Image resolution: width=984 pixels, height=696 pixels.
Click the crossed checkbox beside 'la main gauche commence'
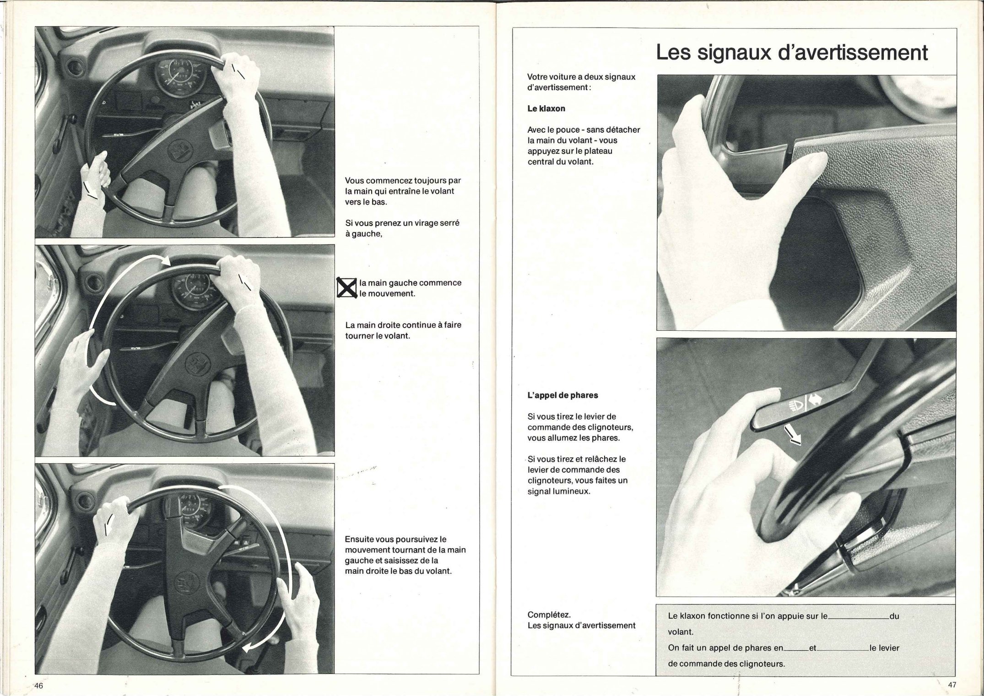pyautogui.click(x=347, y=288)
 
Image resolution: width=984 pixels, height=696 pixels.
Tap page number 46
pyautogui.click(x=38, y=685)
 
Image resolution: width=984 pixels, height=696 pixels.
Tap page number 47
pyautogui.click(x=952, y=685)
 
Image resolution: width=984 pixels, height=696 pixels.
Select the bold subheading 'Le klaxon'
pyautogui.click(x=546, y=108)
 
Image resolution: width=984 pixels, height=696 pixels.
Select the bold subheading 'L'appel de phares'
pyautogui.click(x=562, y=395)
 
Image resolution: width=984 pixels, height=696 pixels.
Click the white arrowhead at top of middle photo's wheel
pyautogui.click(x=166, y=261)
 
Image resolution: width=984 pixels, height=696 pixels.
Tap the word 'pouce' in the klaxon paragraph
pyautogui.click(x=567, y=129)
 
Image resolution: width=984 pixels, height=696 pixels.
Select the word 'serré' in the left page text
pyautogui.click(x=448, y=223)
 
